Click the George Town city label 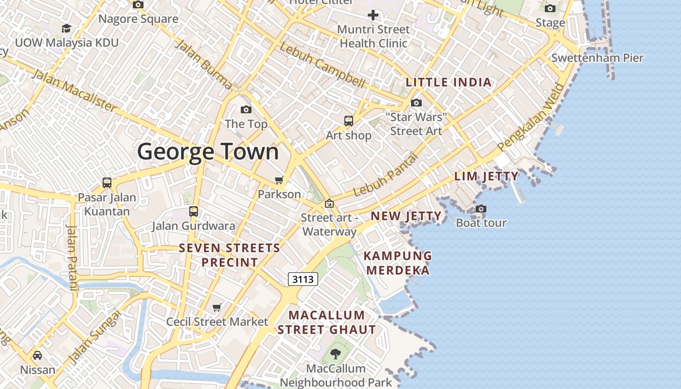pyautogui.click(x=208, y=152)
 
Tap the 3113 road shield pyautogui.click(x=303, y=279)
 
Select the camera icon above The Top pyautogui.click(x=246, y=110)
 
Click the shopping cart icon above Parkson pyautogui.click(x=279, y=180)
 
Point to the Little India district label pyautogui.click(x=448, y=82)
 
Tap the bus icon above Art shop pyautogui.click(x=349, y=121)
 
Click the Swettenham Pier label pyautogui.click(x=597, y=58)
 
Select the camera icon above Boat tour pyautogui.click(x=481, y=209)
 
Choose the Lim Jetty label pyautogui.click(x=486, y=176)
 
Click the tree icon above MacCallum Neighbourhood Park pyautogui.click(x=336, y=354)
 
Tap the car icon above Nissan pyautogui.click(x=37, y=355)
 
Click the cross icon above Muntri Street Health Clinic pyautogui.click(x=373, y=15)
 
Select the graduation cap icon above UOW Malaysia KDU pyautogui.click(x=66, y=29)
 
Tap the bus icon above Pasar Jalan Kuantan pyautogui.click(x=107, y=183)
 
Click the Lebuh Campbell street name pyautogui.click(x=322, y=65)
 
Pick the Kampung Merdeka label pyautogui.click(x=398, y=263)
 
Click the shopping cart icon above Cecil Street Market pyautogui.click(x=217, y=307)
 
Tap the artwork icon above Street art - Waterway pyautogui.click(x=329, y=203)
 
